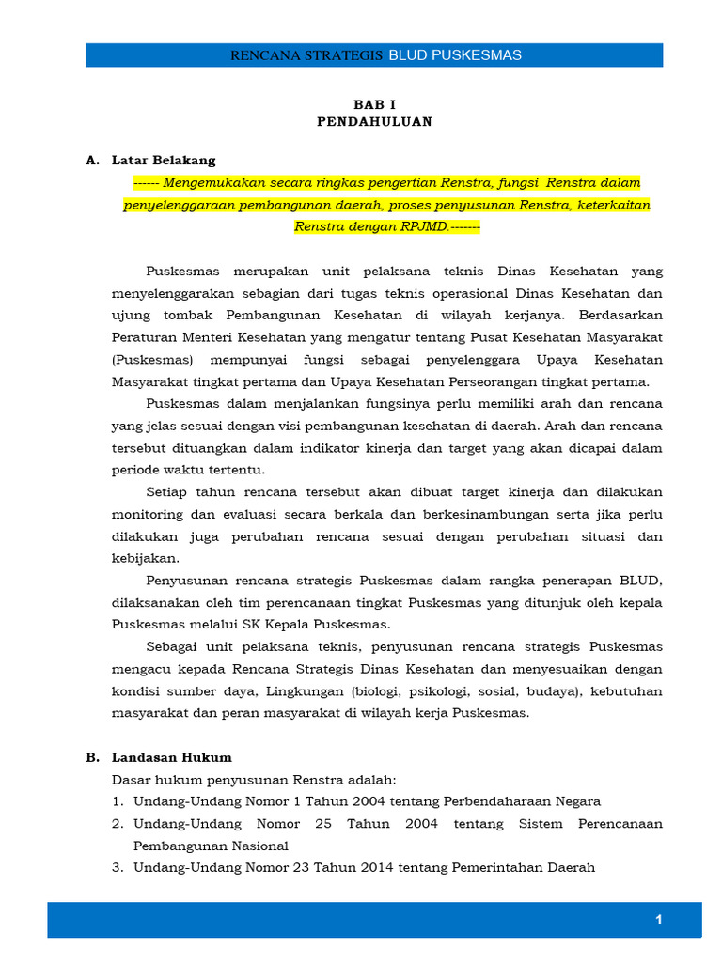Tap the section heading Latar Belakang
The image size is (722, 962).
pyautogui.click(x=164, y=160)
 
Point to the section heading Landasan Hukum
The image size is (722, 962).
pyautogui.click(x=172, y=757)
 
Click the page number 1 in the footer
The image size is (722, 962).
pyautogui.click(x=659, y=920)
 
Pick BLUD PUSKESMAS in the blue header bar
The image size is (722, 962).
pyautogui.click(x=455, y=55)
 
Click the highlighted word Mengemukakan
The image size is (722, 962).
pyautogui.click(x=212, y=182)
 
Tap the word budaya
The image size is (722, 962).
pyautogui.click(x=551, y=690)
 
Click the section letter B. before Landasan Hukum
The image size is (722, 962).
pyautogui.click(x=93, y=757)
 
